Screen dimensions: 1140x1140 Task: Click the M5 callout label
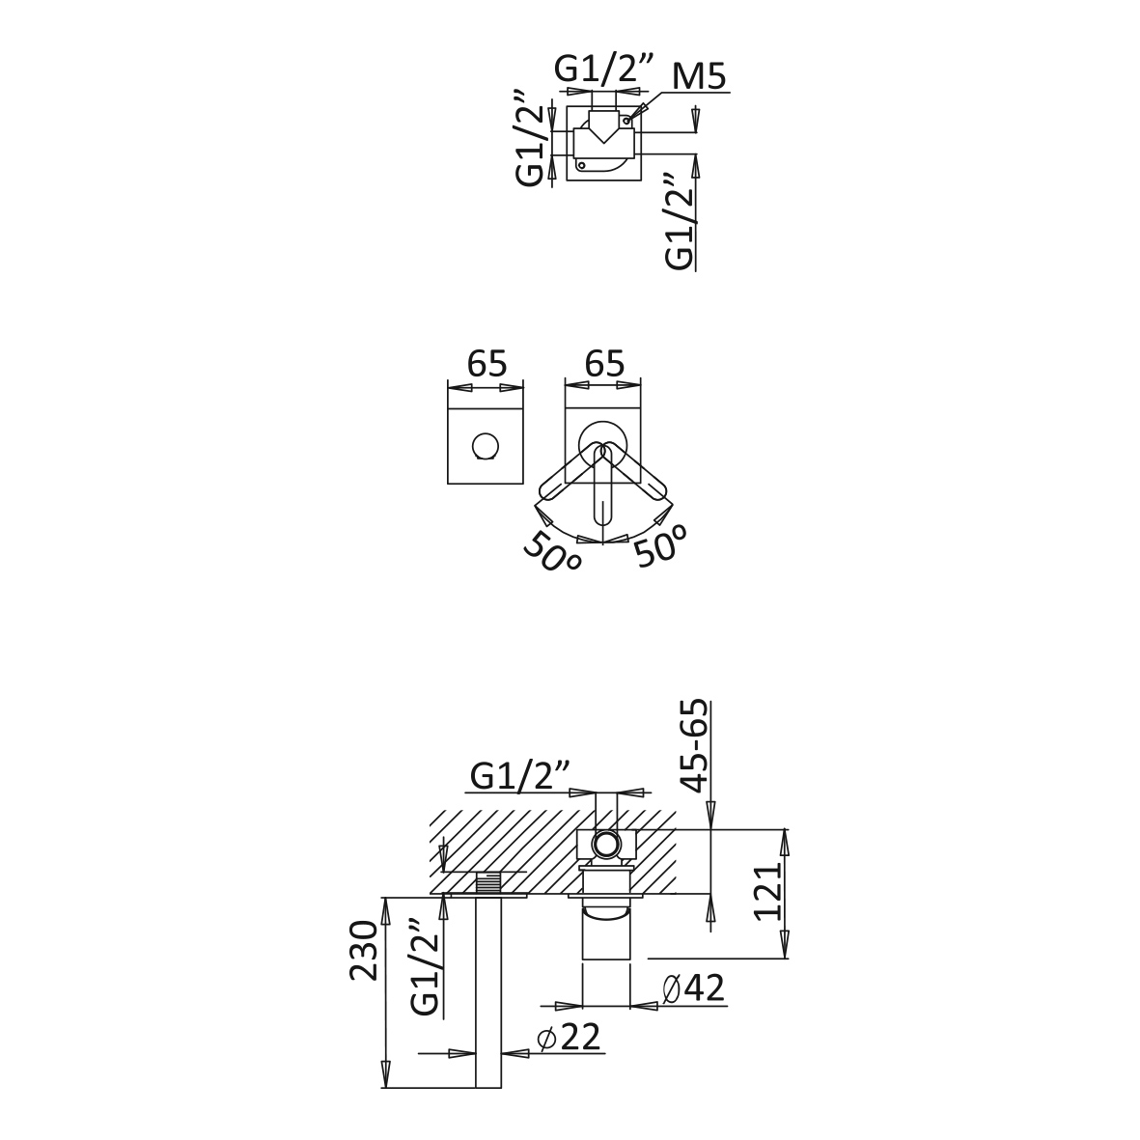coord(699,76)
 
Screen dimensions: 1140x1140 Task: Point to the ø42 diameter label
coord(694,988)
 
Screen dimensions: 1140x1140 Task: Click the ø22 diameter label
coord(570,1038)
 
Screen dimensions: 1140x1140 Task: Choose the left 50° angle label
coord(552,551)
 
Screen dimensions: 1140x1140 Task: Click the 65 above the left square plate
coord(487,364)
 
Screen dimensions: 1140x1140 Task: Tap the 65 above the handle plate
coord(604,364)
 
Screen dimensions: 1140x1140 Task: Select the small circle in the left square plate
coord(485,446)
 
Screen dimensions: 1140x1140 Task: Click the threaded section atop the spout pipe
coord(488,884)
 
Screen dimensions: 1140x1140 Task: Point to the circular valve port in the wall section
coord(605,844)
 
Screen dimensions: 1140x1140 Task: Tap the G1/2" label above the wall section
coord(519,776)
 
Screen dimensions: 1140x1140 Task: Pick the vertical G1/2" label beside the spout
coord(425,967)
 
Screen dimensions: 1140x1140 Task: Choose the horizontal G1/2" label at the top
coord(603,70)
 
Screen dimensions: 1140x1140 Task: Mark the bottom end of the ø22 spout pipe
coord(488,1088)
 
